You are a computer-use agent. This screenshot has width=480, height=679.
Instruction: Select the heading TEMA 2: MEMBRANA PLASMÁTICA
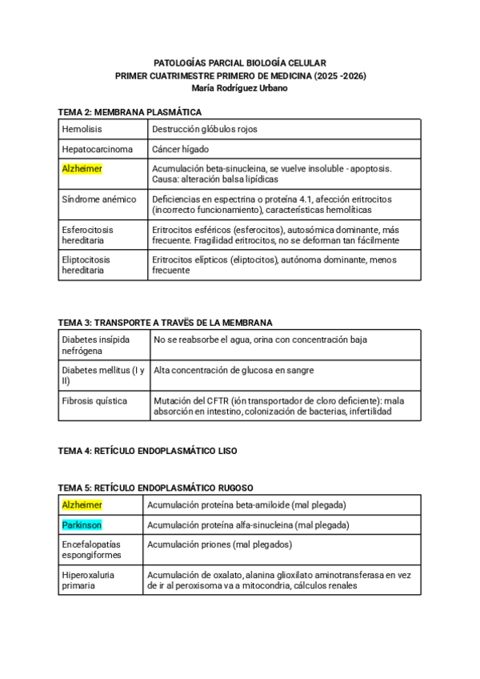pos(130,112)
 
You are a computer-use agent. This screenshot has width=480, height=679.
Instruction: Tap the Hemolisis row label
pos(82,129)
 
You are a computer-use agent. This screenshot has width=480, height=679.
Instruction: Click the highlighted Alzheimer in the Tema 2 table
pos(82,169)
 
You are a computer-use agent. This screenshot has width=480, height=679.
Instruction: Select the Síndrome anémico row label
pos(99,199)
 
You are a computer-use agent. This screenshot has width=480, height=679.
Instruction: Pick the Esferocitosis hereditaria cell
pos(87,235)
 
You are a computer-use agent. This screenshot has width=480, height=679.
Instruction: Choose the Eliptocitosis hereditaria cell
pos(86,265)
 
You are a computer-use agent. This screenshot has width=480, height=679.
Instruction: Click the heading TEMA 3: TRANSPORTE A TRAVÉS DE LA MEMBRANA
pos(166,323)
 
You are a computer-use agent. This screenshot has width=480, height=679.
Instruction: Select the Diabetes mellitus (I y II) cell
pos(102,376)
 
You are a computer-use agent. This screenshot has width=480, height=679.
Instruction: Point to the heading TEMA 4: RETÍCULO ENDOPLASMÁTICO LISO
pos(147,451)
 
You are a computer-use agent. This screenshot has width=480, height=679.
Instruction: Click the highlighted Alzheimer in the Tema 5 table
pos(82,505)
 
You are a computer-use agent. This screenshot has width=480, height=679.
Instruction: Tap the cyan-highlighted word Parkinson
pos(82,525)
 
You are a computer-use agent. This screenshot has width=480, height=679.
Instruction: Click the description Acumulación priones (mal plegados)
pos(219,544)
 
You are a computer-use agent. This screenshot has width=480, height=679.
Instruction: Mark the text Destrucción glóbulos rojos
pos(205,129)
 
